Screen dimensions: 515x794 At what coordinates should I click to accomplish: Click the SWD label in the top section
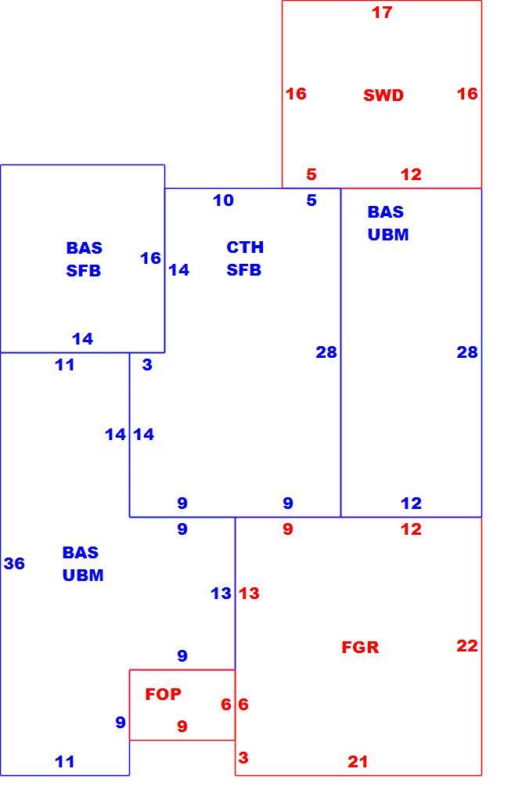pos(384,96)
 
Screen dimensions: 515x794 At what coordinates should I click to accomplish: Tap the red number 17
pos(382,13)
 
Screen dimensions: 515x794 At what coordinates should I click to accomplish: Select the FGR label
pos(360,647)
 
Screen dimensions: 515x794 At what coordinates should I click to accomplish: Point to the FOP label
pos(163,694)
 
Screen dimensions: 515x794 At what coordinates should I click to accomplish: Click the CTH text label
pos(245,247)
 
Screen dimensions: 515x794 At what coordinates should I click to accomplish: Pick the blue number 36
pos(14,563)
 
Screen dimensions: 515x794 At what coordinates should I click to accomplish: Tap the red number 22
pos(467,646)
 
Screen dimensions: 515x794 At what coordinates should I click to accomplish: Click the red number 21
pos(358,761)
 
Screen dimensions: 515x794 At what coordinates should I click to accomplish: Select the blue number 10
pos(223,200)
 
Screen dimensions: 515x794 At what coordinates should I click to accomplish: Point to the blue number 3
pos(147,365)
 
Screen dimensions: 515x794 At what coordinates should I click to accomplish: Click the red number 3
pos(243,757)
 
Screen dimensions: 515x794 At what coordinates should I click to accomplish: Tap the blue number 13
pos(221,593)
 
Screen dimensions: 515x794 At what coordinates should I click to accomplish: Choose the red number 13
pos(249,593)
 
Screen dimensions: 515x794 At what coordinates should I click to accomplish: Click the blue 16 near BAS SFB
pos(150,258)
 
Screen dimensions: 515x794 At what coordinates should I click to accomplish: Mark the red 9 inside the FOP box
pos(182,726)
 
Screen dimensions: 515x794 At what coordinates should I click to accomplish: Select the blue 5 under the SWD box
pos(312,200)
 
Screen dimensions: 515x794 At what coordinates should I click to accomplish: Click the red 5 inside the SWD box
pos(312,174)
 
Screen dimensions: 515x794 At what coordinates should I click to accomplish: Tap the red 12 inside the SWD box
pos(411,174)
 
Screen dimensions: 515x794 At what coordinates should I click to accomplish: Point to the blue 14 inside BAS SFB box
pos(82,339)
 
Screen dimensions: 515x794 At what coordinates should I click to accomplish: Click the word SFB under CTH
pos(243,270)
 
